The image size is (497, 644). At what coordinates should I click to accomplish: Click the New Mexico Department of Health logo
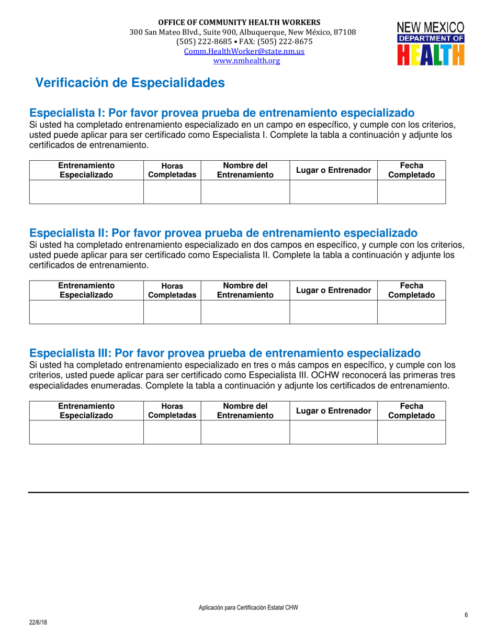tap(431, 43)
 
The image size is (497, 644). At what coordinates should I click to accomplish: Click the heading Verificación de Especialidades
tap(130, 83)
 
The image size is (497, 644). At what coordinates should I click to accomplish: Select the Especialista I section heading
tap(222, 113)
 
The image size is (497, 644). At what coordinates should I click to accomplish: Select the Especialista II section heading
tap(223, 233)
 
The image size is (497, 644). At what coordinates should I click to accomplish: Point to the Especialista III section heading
tap(225, 353)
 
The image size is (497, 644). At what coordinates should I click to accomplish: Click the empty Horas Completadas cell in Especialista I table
tap(172, 192)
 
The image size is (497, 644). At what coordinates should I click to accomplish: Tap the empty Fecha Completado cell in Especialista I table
tap(411, 192)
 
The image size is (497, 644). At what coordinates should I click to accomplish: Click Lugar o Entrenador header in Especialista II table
tap(334, 290)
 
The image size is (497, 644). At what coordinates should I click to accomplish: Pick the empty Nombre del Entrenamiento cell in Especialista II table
tap(245, 312)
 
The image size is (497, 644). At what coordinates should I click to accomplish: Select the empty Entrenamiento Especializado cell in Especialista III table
tap(86, 432)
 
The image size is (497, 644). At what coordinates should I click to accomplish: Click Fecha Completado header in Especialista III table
tap(411, 410)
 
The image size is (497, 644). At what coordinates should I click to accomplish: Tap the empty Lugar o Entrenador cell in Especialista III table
tap(334, 432)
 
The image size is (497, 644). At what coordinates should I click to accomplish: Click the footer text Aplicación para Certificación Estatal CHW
tap(248, 607)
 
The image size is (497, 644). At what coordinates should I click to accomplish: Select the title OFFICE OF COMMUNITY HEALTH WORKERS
tap(240, 23)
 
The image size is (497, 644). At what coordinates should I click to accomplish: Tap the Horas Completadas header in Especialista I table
tap(172, 170)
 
